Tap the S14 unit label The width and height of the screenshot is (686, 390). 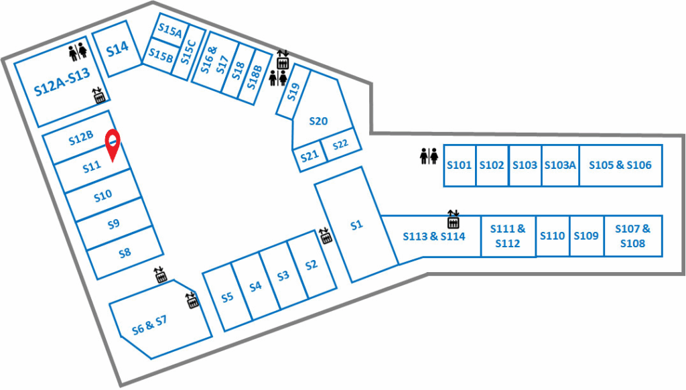[118, 49]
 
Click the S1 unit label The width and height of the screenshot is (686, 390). [357, 225]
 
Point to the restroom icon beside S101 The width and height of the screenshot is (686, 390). [429, 156]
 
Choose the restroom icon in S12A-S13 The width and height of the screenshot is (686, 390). [78, 52]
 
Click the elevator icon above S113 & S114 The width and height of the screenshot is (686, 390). [454, 219]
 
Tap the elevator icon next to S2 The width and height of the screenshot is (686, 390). [326, 235]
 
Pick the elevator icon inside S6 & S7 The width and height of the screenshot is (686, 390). [192, 300]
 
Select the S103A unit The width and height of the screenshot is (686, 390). [561, 166]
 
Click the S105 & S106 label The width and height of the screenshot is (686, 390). [620, 165]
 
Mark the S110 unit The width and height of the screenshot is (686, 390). [553, 236]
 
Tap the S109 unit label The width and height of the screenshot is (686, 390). [586, 236]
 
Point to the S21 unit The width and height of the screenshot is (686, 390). [310, 156]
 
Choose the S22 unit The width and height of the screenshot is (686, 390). [341, 145]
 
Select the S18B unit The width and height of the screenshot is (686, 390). [255, 78]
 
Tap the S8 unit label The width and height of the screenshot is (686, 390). [125, 253]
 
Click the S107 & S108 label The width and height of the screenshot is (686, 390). [632, 236]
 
